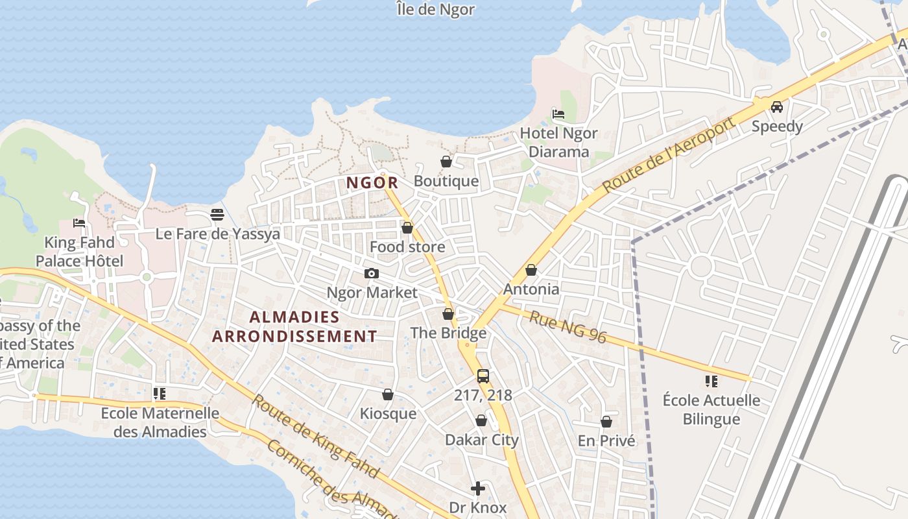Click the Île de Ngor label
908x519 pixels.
[x=436, y=10]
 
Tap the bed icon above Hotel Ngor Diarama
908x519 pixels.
[x=558, y=114]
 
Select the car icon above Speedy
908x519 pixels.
[x=776, y=107]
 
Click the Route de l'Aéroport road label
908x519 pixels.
[x=670, y=154]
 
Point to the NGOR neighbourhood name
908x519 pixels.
[x=372, y=183]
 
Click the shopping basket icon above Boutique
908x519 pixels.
[x=446, y=162]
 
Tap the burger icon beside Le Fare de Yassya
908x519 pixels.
[x=217, y=215]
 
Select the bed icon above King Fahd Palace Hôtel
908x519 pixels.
[x=79, y=223]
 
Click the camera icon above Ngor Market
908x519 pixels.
[x=372, y=274]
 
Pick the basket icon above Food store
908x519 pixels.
[x=407, y=228]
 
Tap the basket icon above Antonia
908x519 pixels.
[x=531, y=270]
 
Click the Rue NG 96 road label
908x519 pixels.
[x=567, y=327]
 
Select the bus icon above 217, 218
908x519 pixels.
[x=483, y=376]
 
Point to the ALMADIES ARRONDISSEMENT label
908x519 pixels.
[x=294, y=326]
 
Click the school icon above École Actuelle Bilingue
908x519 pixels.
[x=711, y=381]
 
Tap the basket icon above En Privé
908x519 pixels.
[x=606, y=422]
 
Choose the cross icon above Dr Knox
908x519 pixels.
[x=478, y=489]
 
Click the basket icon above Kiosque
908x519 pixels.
[x=388, y=395]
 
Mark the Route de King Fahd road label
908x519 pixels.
[x=315, y=436]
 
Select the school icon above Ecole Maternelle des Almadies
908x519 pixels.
[x=160, y=394]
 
